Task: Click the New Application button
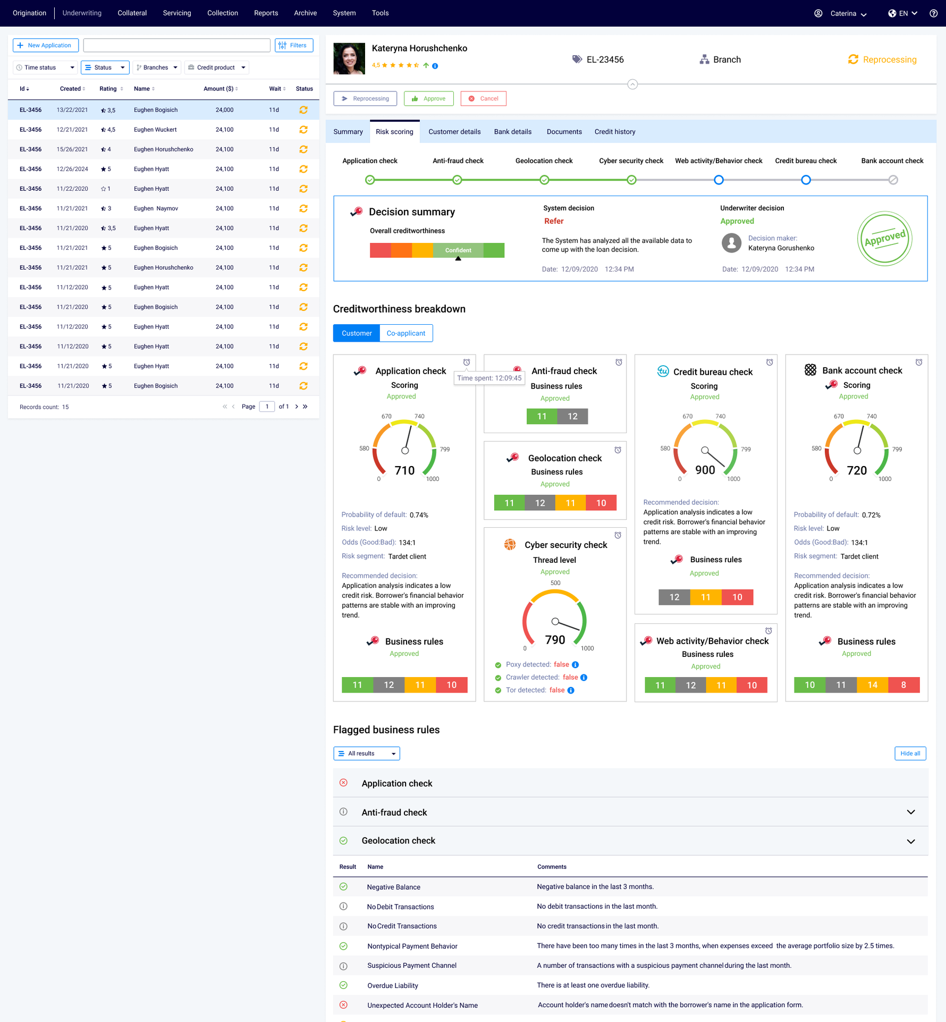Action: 46,46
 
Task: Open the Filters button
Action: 294,46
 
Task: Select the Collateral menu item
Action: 132,13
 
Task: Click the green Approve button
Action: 428,99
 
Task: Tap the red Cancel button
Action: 483,99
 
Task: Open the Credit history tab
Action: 614,132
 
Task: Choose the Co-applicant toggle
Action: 406,333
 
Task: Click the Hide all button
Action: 910,754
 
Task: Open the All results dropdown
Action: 366,754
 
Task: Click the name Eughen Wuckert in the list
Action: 155,130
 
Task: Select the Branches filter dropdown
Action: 157,67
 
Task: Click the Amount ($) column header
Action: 220,89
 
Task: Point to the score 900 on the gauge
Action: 705,470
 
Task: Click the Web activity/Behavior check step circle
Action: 719,180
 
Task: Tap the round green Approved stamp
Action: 884,239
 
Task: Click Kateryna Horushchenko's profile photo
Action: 349,58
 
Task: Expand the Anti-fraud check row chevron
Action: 910,812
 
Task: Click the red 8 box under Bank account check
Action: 903,685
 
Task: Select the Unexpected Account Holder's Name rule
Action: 422,1006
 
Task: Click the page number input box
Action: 267,407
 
